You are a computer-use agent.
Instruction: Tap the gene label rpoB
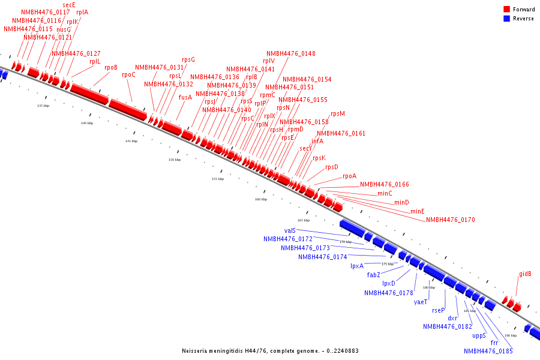coord(111,67)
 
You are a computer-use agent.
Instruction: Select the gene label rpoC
coord(128,75)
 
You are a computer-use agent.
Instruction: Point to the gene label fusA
coord(185,97)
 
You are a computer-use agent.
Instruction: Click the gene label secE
coord(69,4)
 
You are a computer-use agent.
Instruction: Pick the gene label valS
coord(290,230)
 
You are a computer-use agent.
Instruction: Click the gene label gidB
coord(525,274)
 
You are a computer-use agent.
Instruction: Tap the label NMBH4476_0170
coord(451,220)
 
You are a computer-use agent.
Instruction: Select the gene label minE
coord(418,212)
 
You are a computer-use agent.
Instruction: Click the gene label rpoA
coord(349,176)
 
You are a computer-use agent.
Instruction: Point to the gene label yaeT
coord(421,302)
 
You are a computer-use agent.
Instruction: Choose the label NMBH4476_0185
coord(488,352)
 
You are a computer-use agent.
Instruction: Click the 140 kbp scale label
coord(87,123)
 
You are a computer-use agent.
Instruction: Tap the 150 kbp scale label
coord(174,160)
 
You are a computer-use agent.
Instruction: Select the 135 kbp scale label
coord(43,106)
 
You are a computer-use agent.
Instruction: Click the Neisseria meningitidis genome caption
coord(270,351)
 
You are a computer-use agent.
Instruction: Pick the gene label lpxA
coord(357,266)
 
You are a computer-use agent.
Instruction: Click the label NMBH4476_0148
coord(291,53)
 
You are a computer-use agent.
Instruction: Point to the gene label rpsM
coord(338,114)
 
